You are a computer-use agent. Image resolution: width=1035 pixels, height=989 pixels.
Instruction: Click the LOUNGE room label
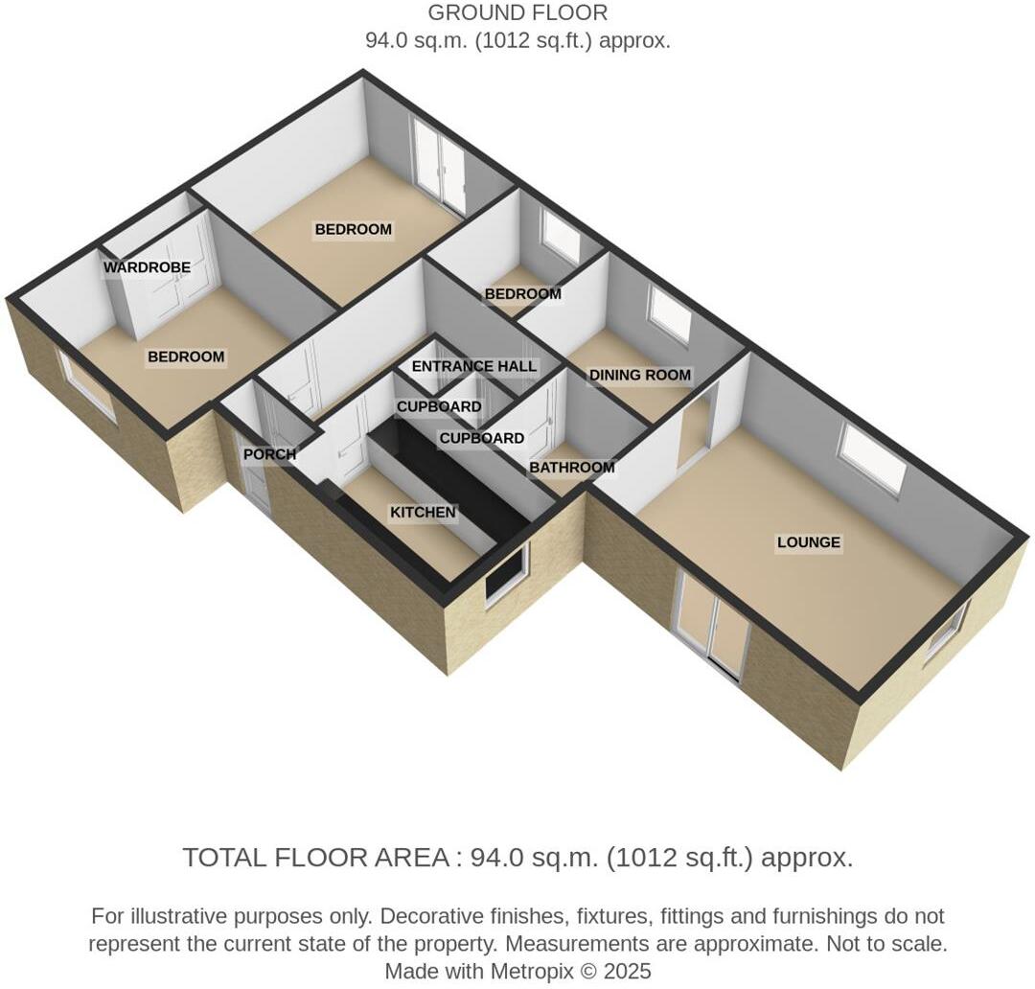(x=808, y=542)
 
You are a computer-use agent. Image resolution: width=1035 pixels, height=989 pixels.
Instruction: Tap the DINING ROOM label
(x=639, y=375)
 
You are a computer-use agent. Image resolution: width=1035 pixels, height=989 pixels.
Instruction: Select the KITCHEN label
(x=423, y=513)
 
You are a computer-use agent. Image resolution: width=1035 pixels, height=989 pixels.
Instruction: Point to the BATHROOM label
(x=571, y=468)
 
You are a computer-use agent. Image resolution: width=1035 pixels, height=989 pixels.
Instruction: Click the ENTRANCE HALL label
(x=473, y=366)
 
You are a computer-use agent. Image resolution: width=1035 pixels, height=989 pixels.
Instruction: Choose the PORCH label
(x=269, y=454)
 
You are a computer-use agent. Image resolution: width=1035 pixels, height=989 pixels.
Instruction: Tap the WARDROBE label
(x=147, y=267)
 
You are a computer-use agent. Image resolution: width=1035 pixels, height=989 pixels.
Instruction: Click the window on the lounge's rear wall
(x=871, y=459)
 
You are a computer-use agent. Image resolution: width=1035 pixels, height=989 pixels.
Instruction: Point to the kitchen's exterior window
(x=505, y=575)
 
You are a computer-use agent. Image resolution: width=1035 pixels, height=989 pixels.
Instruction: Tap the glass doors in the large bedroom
(x=440, y=165)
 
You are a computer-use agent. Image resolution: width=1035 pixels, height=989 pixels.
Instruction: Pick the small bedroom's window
(x=560, y=235)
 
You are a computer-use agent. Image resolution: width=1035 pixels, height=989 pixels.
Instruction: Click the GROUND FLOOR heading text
(x=517, y=13)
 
